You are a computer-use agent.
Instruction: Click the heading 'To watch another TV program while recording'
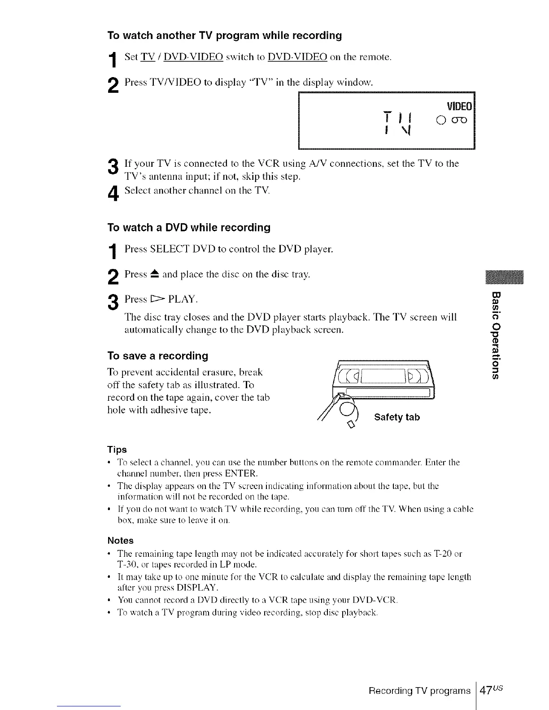224,35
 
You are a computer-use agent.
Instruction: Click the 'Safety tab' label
397,418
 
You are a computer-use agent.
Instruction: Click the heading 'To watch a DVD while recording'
189,228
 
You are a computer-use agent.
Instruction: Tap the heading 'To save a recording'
157,356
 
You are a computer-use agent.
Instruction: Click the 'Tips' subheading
117,450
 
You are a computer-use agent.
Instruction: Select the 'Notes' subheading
120,541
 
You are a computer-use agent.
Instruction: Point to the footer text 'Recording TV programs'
419,691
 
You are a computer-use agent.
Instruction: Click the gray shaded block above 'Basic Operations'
504,278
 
